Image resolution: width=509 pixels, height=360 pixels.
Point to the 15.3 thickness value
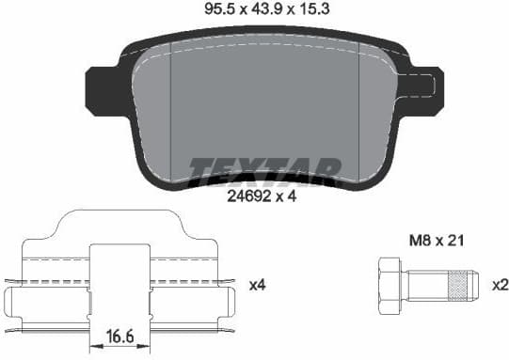click(312, 10)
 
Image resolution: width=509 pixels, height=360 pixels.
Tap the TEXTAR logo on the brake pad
click(264, 168)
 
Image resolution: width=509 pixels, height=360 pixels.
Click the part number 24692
click(247, 197)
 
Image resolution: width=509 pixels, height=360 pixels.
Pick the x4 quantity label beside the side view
click(257, 283)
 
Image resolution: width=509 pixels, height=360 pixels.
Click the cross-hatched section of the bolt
click(458, 281)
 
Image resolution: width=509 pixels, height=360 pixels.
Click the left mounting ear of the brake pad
click(99, 85)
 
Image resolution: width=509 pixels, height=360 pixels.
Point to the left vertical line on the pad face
click(169, 113)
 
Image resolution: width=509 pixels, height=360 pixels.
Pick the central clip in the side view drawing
click(119, 282)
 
